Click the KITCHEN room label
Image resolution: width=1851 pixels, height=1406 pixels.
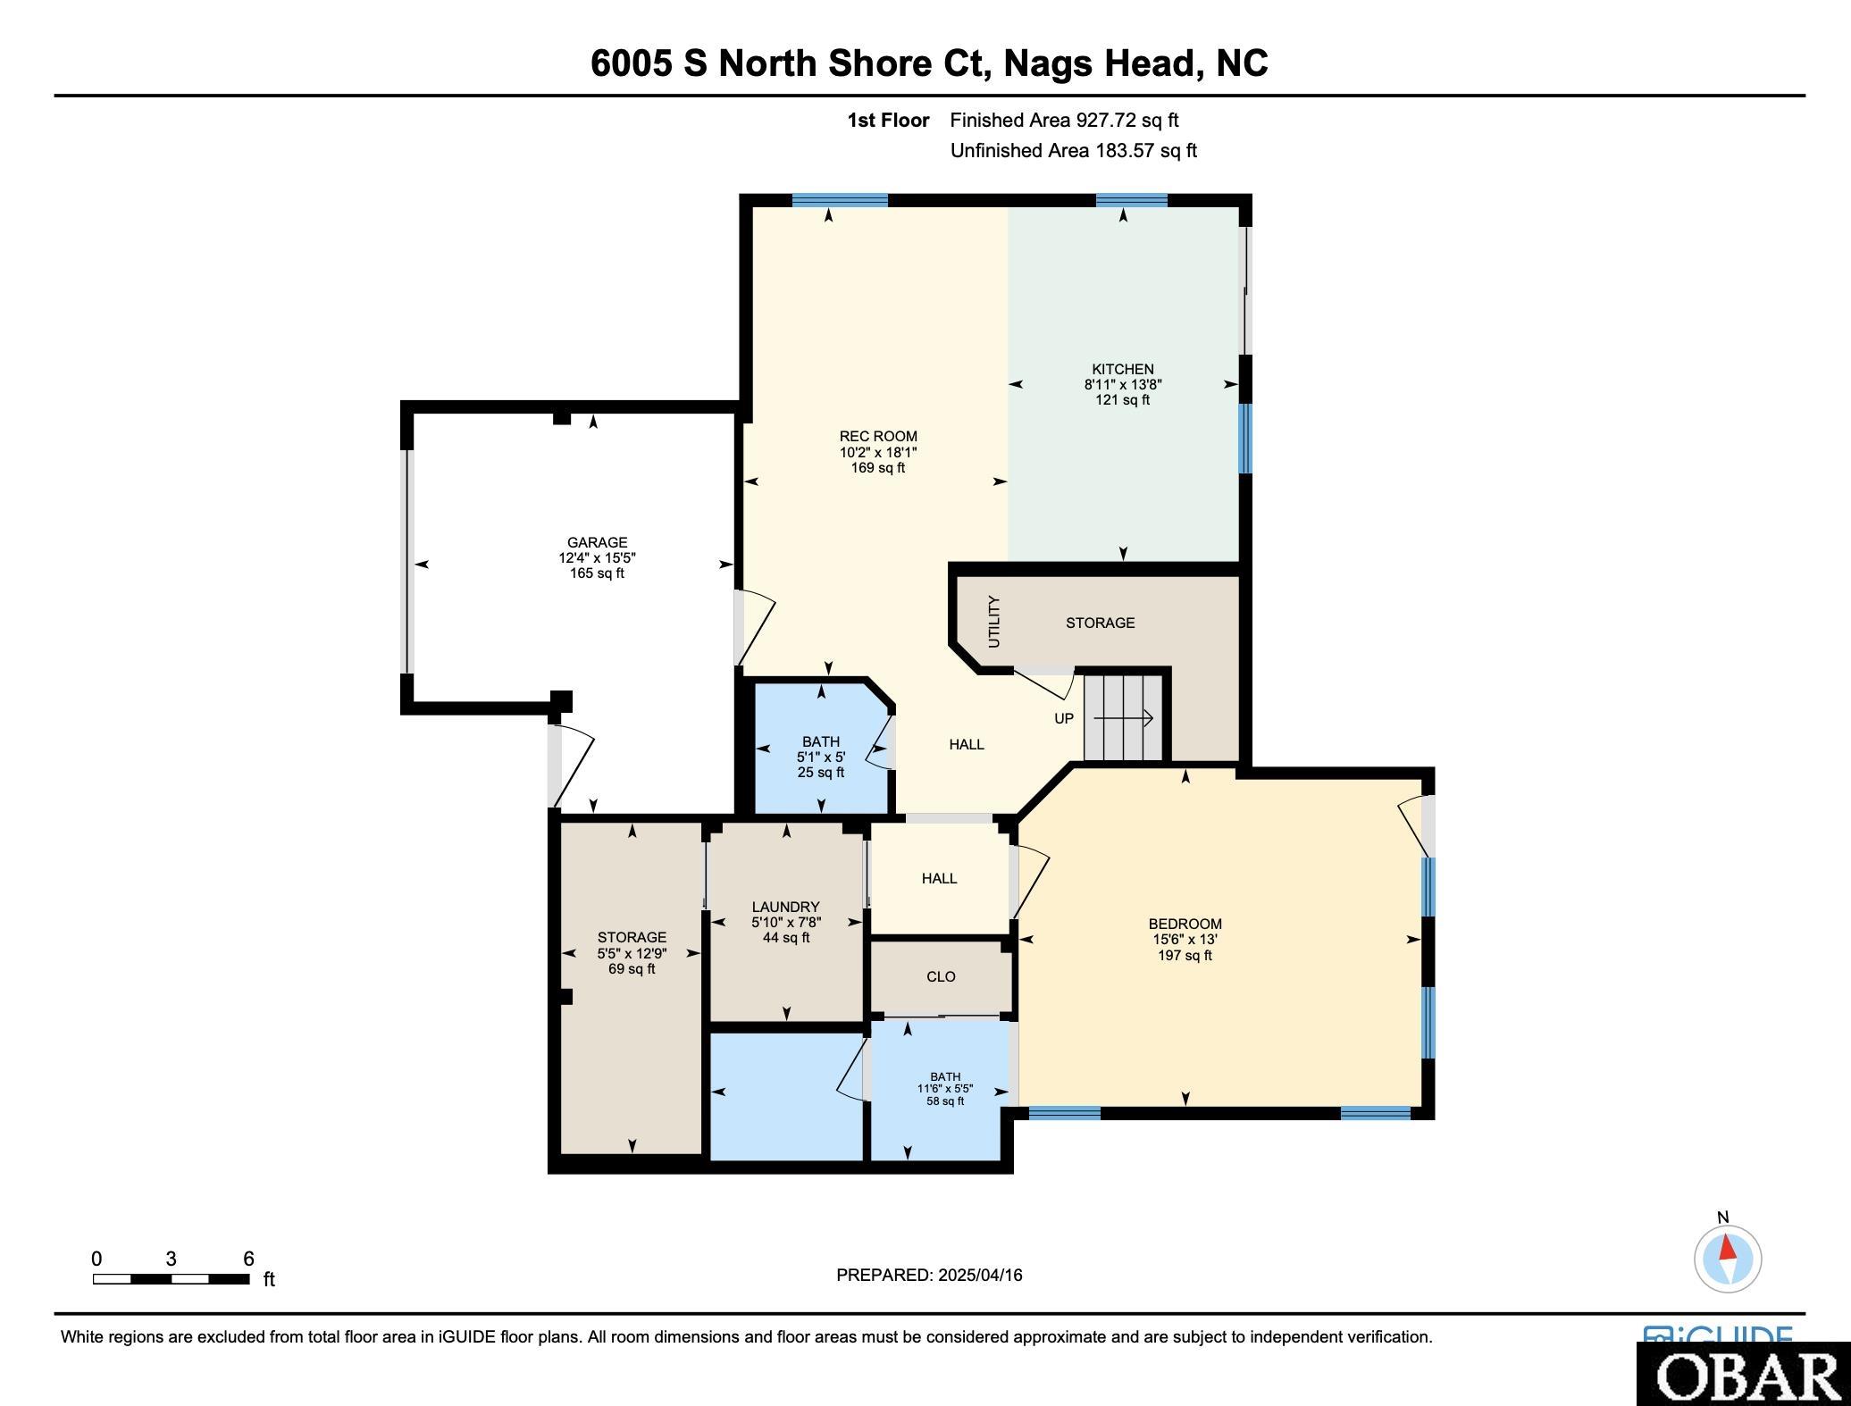1122,369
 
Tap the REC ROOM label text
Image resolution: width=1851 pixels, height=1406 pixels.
878,437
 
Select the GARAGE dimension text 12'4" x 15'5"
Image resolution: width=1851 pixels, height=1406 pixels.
597,557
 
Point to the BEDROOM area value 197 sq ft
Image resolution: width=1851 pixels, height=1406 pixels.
1185,955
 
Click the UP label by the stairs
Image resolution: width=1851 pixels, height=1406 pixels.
1063,718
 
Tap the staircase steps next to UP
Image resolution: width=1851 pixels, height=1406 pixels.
1124,717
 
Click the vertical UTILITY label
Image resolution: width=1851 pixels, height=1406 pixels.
994,622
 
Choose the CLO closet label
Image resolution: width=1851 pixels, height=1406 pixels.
941,976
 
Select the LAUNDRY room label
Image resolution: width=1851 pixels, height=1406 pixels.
786,907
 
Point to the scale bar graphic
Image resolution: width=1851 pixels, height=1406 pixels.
171,1279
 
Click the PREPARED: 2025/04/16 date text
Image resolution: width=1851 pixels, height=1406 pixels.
929,1275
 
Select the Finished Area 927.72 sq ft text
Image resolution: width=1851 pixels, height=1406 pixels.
1064,120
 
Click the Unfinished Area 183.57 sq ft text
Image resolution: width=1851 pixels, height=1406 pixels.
1073,150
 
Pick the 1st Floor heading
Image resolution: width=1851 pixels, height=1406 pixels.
888,120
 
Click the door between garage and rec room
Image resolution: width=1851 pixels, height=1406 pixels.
753,627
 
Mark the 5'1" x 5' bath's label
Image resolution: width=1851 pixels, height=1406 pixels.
820,741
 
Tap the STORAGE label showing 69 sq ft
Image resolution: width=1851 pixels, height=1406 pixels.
632,937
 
